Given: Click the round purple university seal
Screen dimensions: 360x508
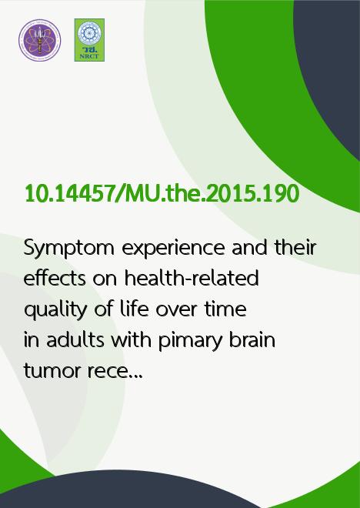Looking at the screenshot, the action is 39,40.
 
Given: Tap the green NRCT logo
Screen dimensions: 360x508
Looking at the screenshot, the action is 89,40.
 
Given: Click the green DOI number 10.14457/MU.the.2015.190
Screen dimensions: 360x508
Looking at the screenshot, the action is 162,194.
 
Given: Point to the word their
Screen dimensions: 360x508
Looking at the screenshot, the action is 295,248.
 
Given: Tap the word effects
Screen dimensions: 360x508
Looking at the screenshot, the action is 55,279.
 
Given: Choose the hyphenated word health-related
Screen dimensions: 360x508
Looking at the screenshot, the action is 192,279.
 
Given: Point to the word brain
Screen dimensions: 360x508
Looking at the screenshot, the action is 252,340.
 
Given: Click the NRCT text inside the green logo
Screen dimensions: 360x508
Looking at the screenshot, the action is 89,56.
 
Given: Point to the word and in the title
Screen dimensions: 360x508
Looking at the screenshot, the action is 249,248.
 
